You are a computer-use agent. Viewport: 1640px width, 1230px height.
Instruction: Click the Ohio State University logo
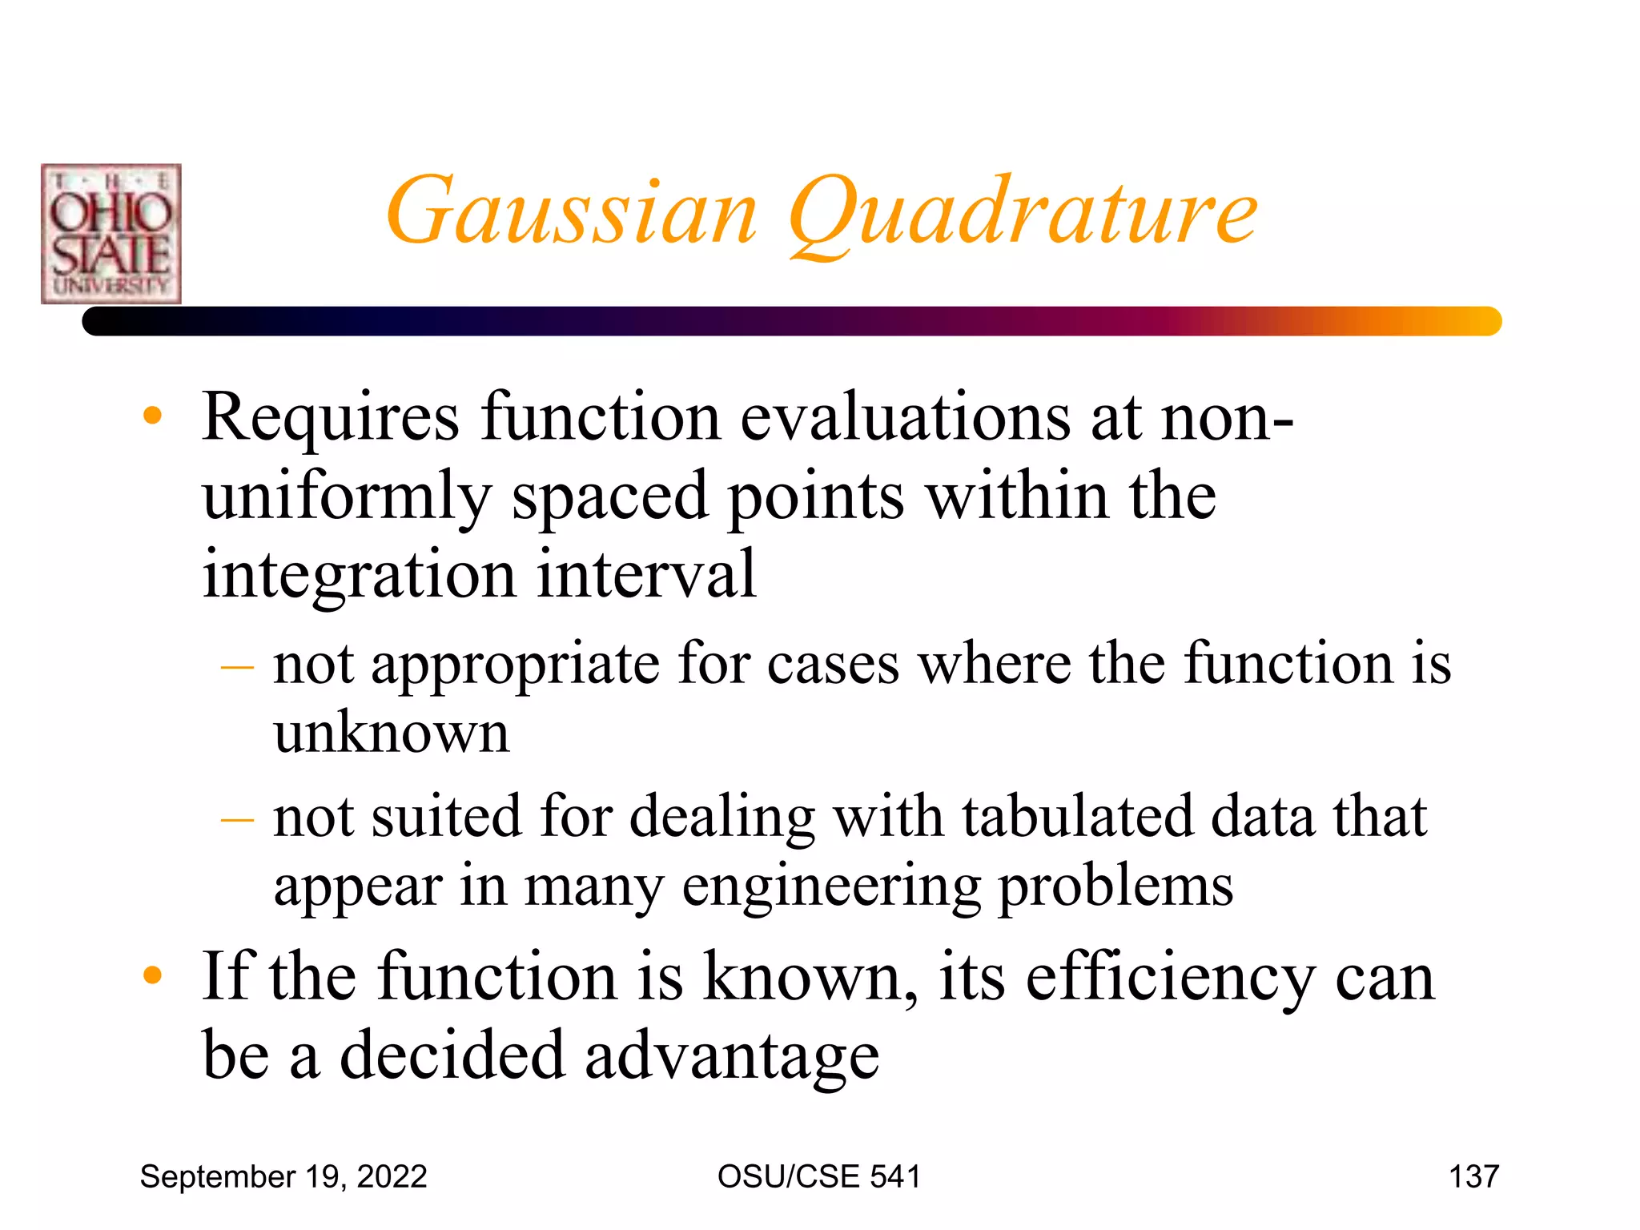pyautogui.click(x=111, y=234)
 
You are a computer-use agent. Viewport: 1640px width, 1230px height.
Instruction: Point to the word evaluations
pyautogui.click(x=905, y=418)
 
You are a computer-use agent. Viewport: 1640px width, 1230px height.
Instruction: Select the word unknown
pyautogui.click(x=391, y=733)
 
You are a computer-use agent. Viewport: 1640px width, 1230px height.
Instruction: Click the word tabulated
pyautogui.click(x=1076, y=818)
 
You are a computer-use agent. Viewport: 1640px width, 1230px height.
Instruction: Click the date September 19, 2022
pyautogui.click(x=283, y=1176)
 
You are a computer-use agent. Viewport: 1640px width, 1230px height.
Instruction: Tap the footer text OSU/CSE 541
pyautogui.click(x=818, y=1176)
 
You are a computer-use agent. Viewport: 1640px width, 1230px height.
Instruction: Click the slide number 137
pyautogui.click(x=1473, y=1176)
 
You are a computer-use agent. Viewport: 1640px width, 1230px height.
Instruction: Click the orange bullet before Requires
pyautogui.click(x=152, y=416)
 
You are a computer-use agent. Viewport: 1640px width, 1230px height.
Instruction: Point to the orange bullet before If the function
pyautogui.click(x=152, y=975)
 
